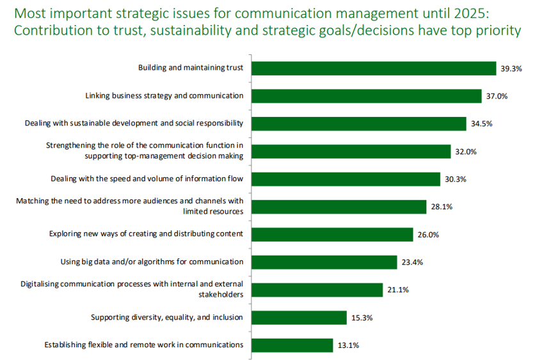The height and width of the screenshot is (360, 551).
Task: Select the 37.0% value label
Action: click(x=497, y=97)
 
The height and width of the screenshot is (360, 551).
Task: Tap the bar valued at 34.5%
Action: click(x=359, y=124)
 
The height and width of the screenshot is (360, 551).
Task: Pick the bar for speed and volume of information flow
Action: click(x=346, y=179)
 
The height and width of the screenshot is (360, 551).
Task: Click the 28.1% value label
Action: click(x=442, y=207)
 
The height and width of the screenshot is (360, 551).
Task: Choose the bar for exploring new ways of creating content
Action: click(x=333, y=235)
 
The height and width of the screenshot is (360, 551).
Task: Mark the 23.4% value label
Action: click(x=413, y=262)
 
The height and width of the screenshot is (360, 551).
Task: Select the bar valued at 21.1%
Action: click(x=317, y=290)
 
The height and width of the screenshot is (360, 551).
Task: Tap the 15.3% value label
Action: click(x=363, y=318)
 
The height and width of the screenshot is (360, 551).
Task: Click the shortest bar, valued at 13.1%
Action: click(x=292, y=345)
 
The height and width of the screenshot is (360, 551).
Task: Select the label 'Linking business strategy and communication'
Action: click(x=164, y=96)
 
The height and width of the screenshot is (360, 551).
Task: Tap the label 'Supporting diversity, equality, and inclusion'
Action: click(x=167, y=317)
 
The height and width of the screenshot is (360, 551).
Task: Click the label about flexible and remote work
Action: click(x=144, y=345)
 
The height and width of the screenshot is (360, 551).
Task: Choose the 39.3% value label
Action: click(x=512, y=69)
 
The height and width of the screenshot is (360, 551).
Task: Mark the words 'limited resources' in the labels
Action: click(x=213, y=212)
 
